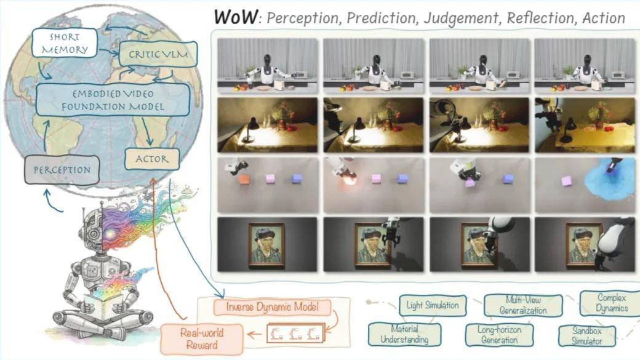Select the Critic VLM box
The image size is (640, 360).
point(158,55)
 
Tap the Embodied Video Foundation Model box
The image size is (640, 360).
point(112,100)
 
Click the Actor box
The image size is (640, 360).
point(151,159)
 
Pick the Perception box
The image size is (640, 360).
point(61,169)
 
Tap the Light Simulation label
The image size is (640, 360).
point(433,305)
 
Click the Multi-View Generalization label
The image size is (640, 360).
point(522,305)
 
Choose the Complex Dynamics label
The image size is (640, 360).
point(612,303)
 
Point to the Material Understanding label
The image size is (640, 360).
point(404,335)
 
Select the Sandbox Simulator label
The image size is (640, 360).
point(586,335)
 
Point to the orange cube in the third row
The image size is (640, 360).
point(244,179)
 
